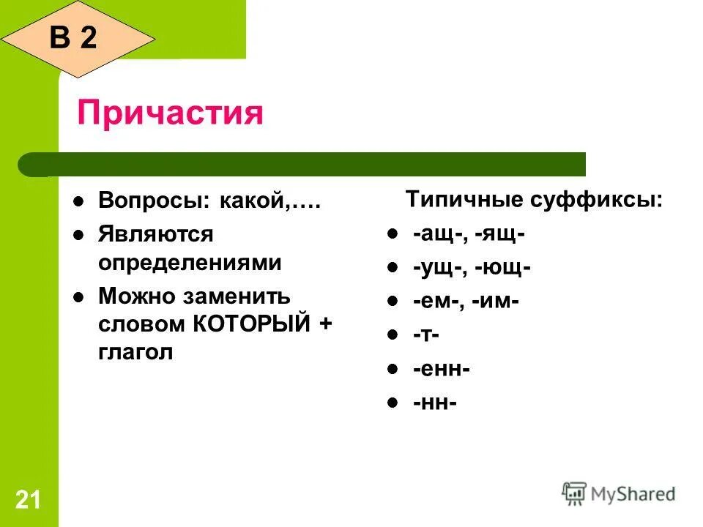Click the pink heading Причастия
[170, 113]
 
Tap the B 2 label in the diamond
[73, 37]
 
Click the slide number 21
[27, 501]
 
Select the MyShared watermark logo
[619, 494]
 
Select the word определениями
[190, 263]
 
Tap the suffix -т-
[425, 334]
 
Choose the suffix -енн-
[441, 369]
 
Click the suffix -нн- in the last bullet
[434, 403]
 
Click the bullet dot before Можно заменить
[78, 296]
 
